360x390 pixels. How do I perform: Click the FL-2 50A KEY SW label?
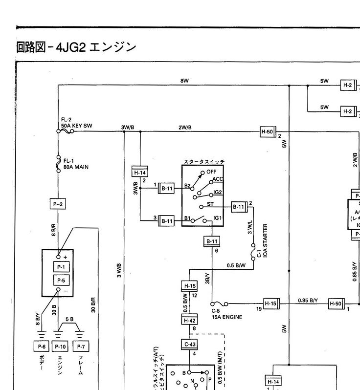click(76, 123)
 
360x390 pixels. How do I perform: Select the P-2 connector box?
click(58, 204)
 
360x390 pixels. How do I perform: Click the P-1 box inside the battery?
click(61, 267)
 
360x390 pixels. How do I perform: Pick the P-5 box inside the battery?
click(61, 281)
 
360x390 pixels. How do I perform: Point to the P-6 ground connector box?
click(41, 347)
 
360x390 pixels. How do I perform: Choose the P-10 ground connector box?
click(60, 347)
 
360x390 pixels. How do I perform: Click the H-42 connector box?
click(189, 320)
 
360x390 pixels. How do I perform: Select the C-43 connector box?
click(189, 345)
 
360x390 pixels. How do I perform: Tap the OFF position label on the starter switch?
click(211, 172)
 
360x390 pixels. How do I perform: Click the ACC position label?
click(218, 179)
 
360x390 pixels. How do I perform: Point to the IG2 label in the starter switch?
click(217, 192)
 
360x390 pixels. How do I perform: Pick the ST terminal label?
click(210, 204)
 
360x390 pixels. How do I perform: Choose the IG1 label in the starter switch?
click(218, 217)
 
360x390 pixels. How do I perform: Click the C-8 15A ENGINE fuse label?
click(226, 314)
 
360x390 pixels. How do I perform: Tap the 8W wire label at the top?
click(184, 81)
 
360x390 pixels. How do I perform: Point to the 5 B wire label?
click(69, 320)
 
